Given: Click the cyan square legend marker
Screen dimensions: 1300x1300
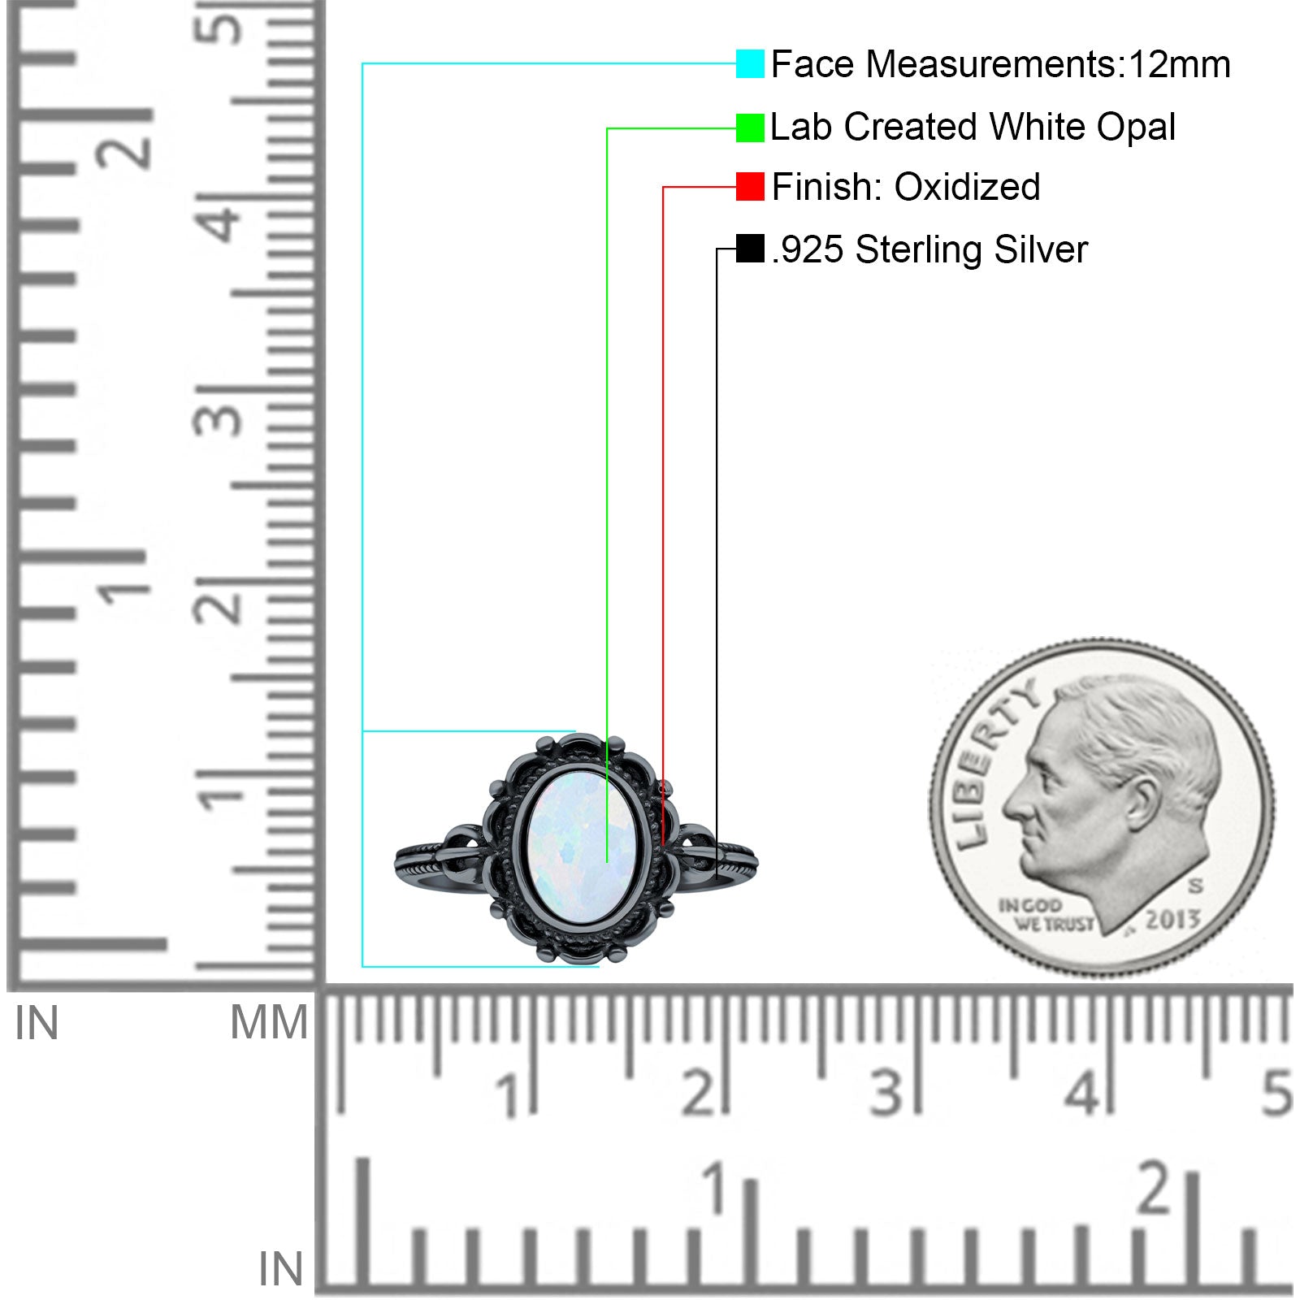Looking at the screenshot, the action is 750,63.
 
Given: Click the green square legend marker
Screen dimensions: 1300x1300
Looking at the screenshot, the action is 750,128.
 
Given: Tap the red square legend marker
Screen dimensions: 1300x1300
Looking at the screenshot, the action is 750,186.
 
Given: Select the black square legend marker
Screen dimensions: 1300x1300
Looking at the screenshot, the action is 750,249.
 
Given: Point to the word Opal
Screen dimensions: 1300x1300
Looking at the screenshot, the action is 1136,128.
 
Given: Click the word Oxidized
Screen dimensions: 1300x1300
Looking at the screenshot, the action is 967,187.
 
